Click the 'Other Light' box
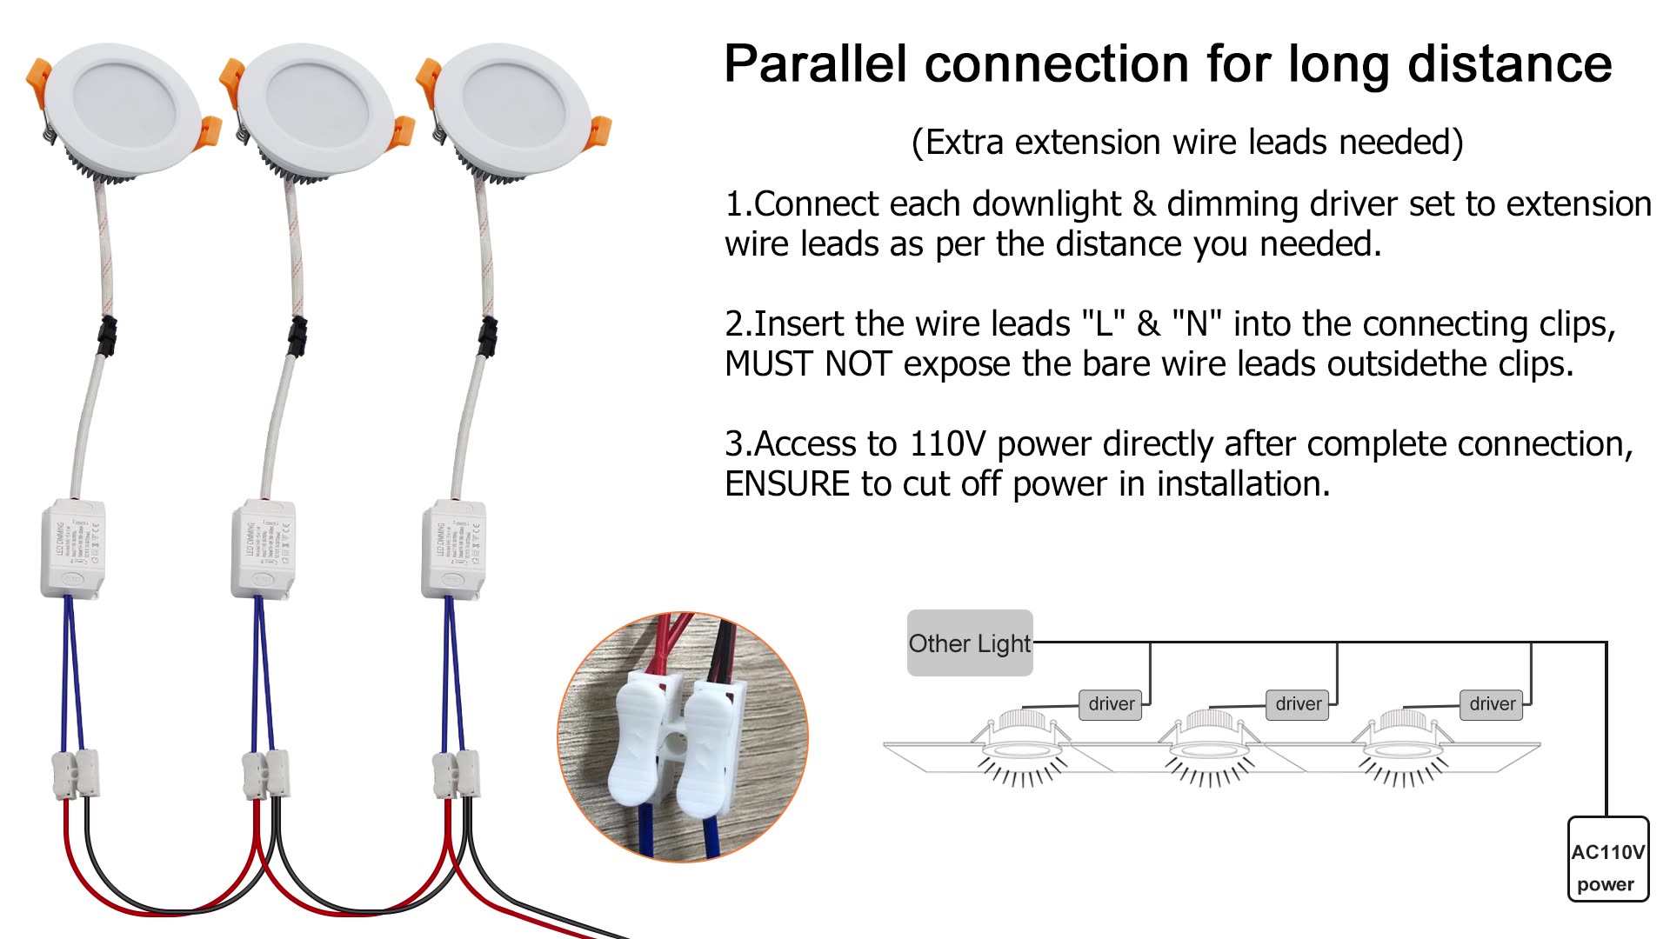point(969,643)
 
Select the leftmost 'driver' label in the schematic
point(1111,703)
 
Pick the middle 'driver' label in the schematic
point(1298,703)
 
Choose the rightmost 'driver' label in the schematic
point(1492,703)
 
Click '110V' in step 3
point(947,444)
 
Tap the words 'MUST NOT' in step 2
point(808,363)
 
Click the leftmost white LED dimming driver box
point(73,548)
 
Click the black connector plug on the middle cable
point(297,336)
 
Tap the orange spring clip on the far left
point(39,77)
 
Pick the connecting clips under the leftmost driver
point(77,773)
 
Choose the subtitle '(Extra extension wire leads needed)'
point(1186,142)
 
